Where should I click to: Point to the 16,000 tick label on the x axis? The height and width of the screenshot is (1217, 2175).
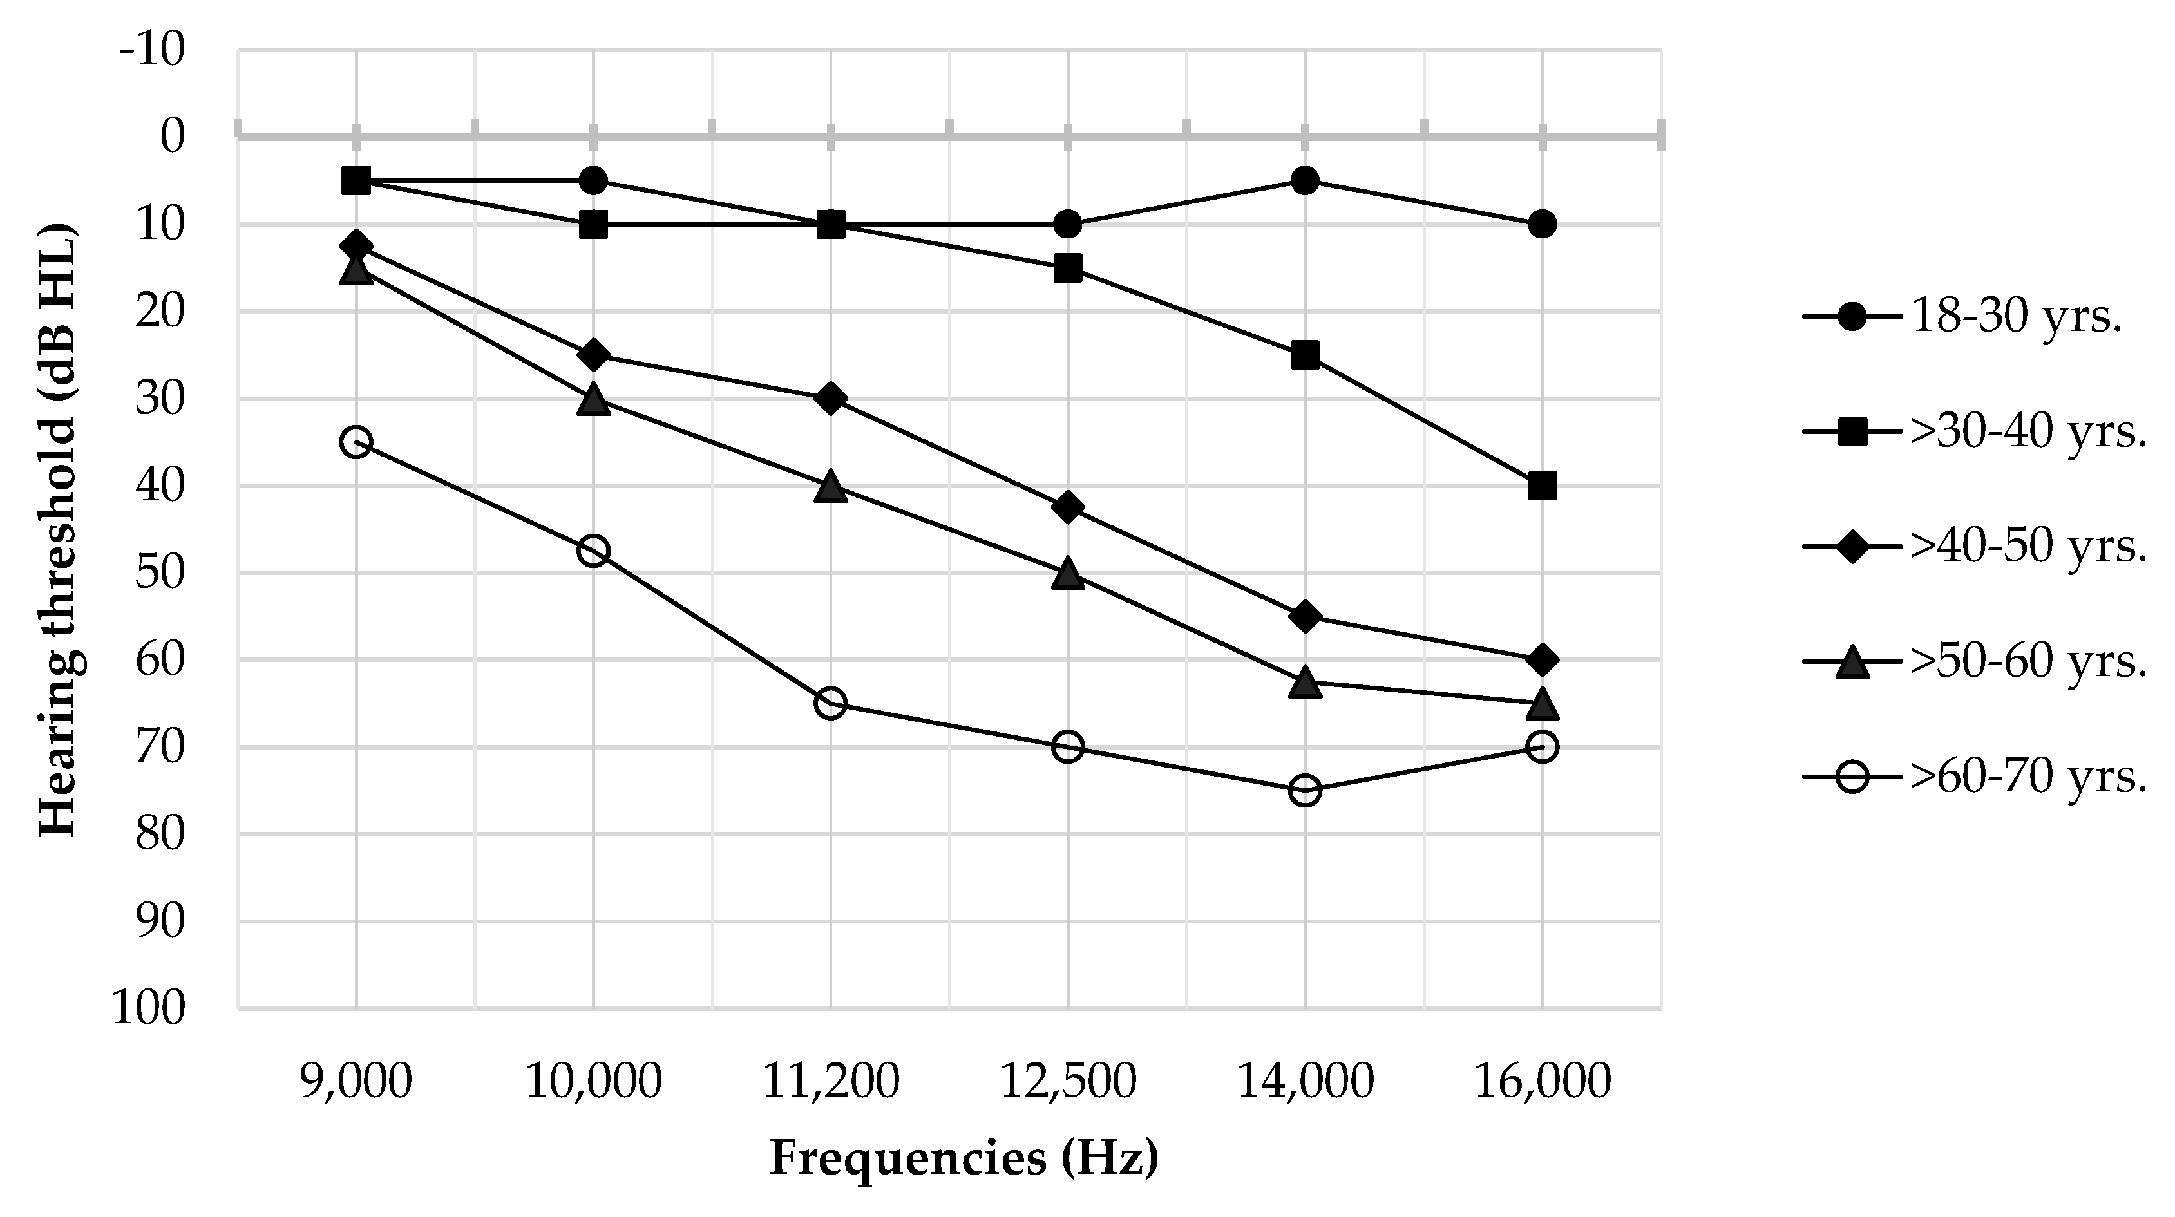pyautogui.click(x=1542, y=1081)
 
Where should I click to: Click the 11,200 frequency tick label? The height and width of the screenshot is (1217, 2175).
pyautogui.click(x=831, y=1081)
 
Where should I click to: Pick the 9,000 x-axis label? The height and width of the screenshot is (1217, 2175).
pyautogui.click(x=356, y=1081)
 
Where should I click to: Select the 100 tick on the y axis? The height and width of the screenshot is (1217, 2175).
pyautogui.click(x=149, y=1008)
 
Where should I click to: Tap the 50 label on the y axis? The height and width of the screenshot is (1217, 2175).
pyautogui.click(x=160, y=573)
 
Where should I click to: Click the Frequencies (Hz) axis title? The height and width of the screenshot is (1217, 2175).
pyautogui.click(x=964, y=1158)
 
